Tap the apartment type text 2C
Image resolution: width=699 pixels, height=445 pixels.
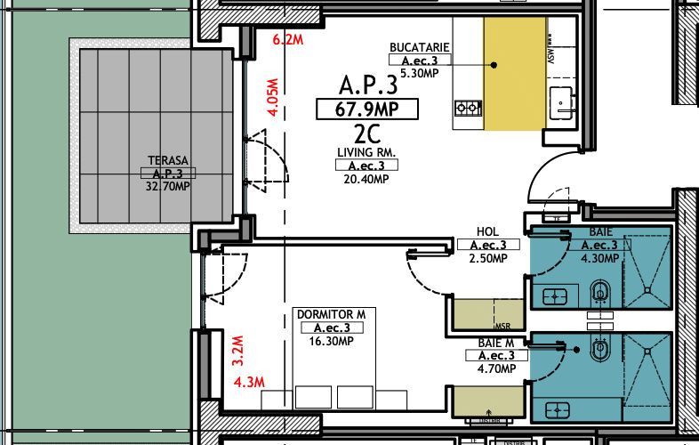click(x=366, y=134)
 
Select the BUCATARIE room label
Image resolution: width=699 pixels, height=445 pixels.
click(x=419, y=47)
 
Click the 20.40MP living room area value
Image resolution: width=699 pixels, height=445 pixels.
click(x=366, y=180)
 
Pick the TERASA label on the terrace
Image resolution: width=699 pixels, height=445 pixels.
click(x=167, y=161)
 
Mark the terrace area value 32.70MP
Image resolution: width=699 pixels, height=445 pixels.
click(x=167, y=187)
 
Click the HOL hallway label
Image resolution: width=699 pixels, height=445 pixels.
click(x=488, y=231)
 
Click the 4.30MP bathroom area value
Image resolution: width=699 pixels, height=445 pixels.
click(x=599, y=259)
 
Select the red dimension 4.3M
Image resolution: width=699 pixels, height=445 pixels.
click(x=249, y=383)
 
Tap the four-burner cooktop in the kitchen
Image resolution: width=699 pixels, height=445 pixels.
click(x=468, y=109)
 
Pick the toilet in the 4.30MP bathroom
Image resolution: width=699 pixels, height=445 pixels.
click(x=600, y=291)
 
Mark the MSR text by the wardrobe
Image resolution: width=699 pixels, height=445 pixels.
click(x=503, y=326)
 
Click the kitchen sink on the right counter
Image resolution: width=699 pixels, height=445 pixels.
click(x=561, y=100)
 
